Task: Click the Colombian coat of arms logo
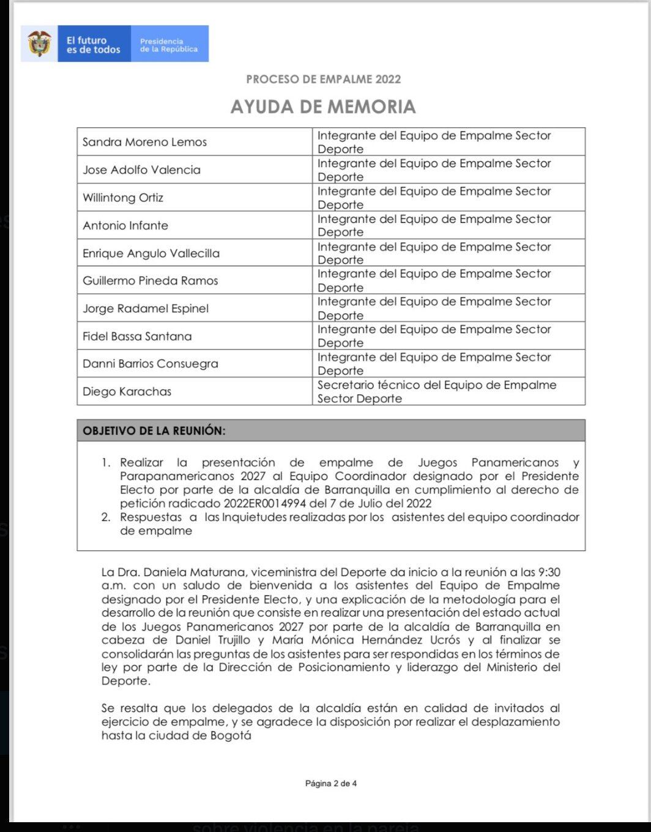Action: point(40,44)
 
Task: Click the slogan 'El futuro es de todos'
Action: point(94,45)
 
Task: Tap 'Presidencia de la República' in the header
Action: point(169,45)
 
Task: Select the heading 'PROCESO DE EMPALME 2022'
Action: point(323,79)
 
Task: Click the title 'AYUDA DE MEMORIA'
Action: point(323,107)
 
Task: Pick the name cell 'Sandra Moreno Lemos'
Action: point(145,142)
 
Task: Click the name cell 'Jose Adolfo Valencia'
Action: point(142,170)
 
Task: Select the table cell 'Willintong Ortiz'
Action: point(123,198)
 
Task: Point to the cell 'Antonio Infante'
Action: point(125,225)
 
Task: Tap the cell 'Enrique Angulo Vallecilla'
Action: point(151,253)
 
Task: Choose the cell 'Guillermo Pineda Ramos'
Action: point(151,281)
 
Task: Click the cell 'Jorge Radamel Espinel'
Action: point(146,309)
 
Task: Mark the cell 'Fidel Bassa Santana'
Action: point(137,336)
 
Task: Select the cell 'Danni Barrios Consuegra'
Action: point(151,364)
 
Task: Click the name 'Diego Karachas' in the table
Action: point(127,392)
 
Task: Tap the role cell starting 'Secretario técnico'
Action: point(436,392)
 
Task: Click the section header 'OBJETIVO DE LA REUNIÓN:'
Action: point(154,430)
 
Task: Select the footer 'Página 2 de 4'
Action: point(330,784)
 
